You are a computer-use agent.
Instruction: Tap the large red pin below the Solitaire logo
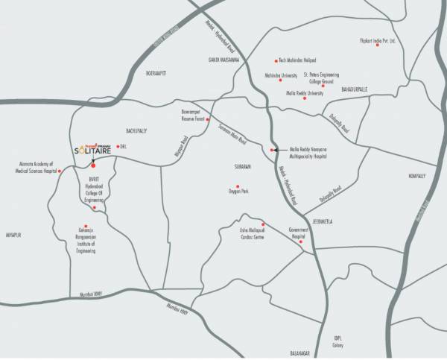[x=92, y=165]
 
